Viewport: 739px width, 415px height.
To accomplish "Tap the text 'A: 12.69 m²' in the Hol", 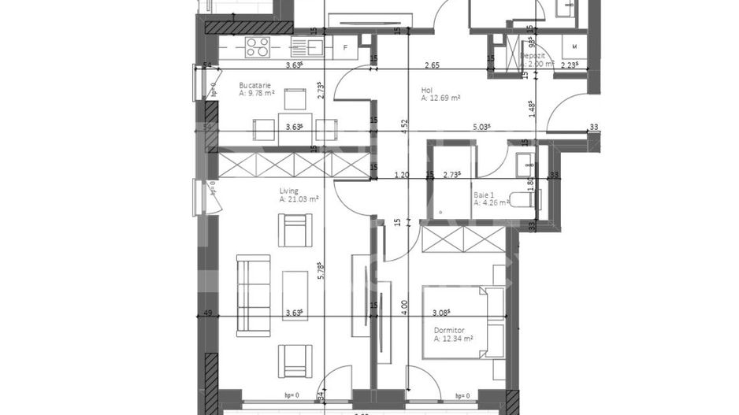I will (441, 98).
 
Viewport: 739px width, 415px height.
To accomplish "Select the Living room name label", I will (289, 191).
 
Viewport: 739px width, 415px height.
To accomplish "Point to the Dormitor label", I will (449, 331).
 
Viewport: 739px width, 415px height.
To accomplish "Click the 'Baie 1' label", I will (484, 194).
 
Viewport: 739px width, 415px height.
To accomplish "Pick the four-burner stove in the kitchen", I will (258, 46).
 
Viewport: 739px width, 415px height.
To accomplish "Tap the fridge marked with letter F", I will (346, 47).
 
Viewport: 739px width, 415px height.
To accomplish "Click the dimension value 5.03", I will (481, 126).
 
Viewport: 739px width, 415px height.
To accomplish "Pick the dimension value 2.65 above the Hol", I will (431, 65).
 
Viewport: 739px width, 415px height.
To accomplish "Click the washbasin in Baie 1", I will (526, 163).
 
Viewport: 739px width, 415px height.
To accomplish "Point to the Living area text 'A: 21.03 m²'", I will (300, 200).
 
